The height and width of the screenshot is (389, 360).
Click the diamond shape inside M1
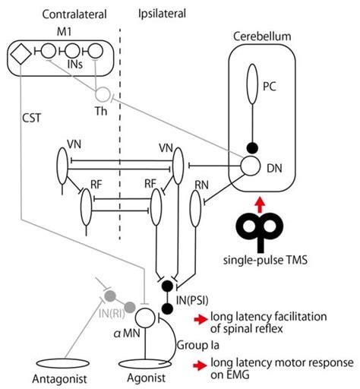21,52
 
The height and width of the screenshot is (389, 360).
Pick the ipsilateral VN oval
178,164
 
